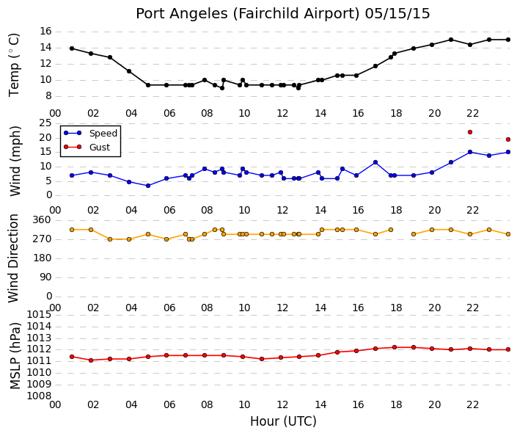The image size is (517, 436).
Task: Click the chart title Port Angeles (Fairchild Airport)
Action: tap(248, 14)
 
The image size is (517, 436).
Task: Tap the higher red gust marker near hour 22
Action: tap(470, 132)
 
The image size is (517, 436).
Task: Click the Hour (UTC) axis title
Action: tap(283, 421)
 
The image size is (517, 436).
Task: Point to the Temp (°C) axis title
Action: tap(14, 65)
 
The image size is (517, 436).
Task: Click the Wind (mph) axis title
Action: tap(15, 161)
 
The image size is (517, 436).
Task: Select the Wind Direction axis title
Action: tap(13, 258)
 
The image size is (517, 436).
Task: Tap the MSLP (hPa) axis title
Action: tap(15, 356)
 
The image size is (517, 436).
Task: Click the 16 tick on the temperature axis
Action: tap(45, 32)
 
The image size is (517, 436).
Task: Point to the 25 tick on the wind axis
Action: tap(45, 123)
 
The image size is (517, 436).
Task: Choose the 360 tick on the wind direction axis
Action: tap(43, 219)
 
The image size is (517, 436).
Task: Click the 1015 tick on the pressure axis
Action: tap(39, 314)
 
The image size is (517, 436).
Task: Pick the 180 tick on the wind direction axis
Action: tap(43, 258)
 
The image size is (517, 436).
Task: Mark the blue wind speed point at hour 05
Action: tap(148, 186)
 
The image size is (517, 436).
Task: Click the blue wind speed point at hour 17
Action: tap(375, 162)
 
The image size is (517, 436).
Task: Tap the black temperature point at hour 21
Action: tap(451, 40)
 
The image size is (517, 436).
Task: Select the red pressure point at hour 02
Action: tap(91, 360)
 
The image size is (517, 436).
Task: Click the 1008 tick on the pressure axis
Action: tap(39, 396)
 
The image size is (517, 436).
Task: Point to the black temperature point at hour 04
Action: tap(129, 71)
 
